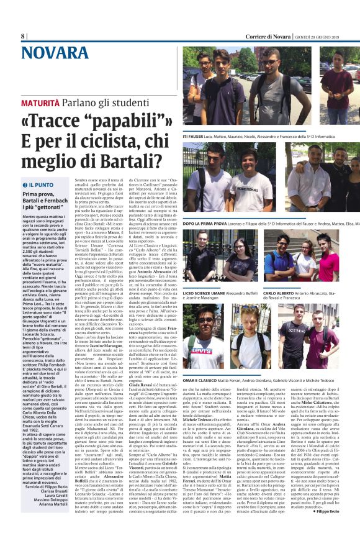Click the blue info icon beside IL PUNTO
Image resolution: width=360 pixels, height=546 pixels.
click(x=24, y=185)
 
